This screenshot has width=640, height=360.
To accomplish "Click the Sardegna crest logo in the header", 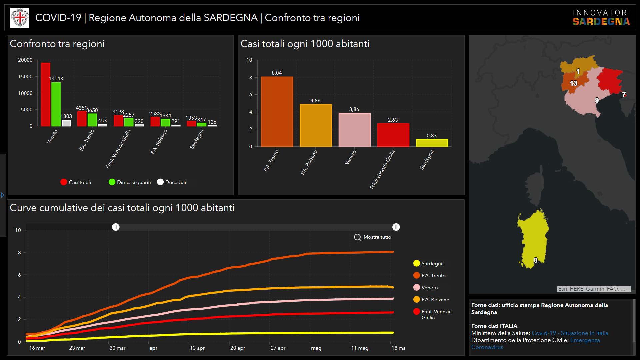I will (20, 18).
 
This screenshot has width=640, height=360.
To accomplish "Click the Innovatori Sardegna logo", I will (601, 18).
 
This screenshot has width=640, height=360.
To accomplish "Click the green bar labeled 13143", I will (56, 104).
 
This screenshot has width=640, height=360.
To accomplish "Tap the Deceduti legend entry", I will (172, 182).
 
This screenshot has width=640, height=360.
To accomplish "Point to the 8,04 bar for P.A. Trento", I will (277, 112).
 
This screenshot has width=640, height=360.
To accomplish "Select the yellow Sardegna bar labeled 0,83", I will (432, 143).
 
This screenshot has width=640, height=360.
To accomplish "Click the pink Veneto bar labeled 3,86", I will (354, 130).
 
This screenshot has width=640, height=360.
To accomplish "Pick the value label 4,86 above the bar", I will (315, 101).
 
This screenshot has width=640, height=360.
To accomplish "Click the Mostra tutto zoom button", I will (373, 237).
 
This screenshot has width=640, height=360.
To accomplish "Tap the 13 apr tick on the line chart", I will (197, 348).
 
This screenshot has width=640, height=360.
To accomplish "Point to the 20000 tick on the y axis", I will (25, 60).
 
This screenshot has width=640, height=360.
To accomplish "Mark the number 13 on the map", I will (573, 83).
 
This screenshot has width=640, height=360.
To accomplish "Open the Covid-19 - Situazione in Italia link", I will (570, 333).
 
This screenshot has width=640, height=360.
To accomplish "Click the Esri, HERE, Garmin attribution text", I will (594, 289).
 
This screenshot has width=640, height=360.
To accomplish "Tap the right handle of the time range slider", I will (396, 227).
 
